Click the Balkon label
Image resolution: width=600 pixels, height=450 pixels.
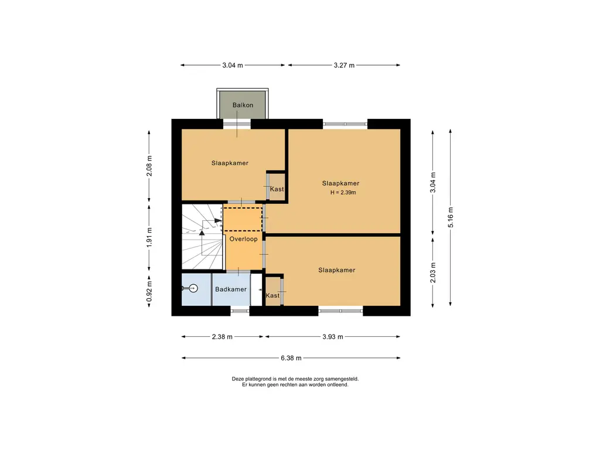(x=243, y=105)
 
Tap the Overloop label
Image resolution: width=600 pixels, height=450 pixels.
(x=243, y=239)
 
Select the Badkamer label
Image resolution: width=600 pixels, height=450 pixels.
(x=231, y=289)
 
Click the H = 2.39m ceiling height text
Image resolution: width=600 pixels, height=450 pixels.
(x=343, y=192)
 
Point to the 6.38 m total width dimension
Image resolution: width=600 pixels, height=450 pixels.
(x=291, y=358)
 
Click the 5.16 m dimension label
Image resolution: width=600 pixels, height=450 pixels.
(x=451, y=217)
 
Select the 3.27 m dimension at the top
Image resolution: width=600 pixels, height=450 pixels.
(x=344, y=66)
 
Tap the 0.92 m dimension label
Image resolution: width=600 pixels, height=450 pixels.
(x=149, y=291)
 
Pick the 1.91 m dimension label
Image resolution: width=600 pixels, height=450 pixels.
(x=149, y=237)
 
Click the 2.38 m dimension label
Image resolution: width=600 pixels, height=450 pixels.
(x=222, y=337)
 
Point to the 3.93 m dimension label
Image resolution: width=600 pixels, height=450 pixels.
(x=333, y=337)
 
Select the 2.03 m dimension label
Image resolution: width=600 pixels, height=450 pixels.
(x=433, y=273)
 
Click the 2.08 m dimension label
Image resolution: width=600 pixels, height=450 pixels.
(x=149, y=166)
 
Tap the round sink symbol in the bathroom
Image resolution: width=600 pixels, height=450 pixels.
(x=193, y=288)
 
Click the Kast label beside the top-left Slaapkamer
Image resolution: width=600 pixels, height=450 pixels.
(x=277, y=189)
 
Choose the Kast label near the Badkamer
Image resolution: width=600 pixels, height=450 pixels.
(x=272, y=295)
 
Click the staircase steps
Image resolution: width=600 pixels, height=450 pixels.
(x=202, y=237)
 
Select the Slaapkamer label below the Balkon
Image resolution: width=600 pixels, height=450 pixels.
(x=230, y=163)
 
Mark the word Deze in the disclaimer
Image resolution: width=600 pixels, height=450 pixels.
(x=238, y=379)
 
